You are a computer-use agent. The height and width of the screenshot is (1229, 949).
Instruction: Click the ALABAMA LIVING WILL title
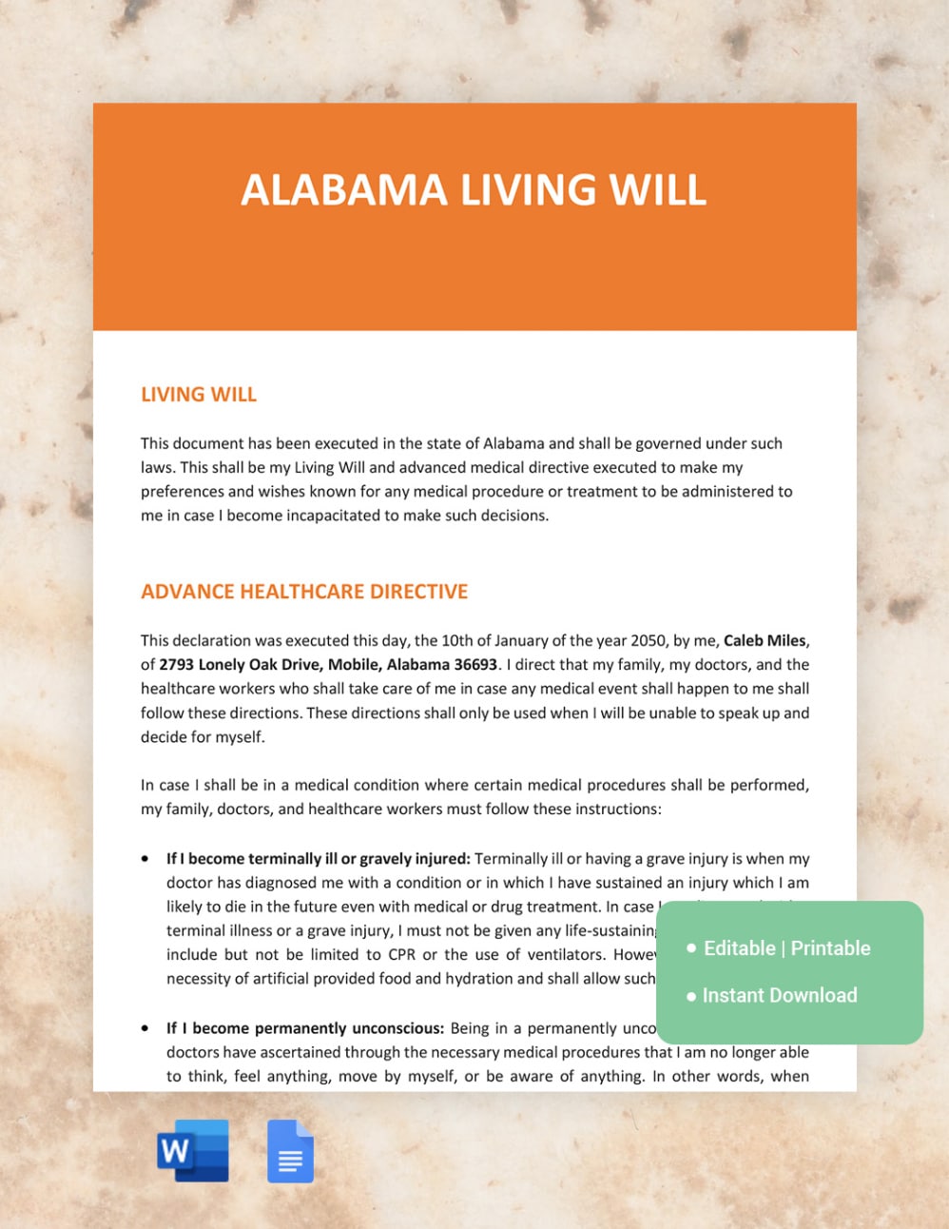click(x=474, y=190)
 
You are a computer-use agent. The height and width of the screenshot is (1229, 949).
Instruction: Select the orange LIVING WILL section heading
click(x=199, y=395)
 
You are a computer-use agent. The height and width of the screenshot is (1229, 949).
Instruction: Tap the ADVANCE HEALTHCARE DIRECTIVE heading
click(x=304, y=592)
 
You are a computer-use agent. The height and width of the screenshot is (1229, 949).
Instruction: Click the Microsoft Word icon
click(x=193, y=1151)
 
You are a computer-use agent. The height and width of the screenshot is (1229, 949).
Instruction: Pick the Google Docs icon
click(x=290, y=1151)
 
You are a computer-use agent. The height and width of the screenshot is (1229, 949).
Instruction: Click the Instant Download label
click(x=780, y=996)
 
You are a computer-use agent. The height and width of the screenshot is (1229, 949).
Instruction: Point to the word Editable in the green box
click(x=739, y=948)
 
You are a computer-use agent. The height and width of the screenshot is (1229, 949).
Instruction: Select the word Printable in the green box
click(x=830, y=948)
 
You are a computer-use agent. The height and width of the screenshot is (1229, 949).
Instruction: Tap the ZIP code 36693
click(x=474, y=665)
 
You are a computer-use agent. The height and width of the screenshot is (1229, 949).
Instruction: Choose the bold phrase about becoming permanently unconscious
click(x=305, y=1028)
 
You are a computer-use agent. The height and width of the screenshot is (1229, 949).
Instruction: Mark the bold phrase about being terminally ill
click(x=318, y=859)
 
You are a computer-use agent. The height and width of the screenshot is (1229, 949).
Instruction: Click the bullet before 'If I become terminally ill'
click(x=145, y=859)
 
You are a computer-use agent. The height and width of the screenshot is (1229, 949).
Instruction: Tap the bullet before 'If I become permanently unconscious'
click(x=145, y=1028)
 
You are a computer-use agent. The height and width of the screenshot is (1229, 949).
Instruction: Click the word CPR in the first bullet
click(x=401, y=955)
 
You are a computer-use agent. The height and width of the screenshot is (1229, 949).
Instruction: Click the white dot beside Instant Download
click(x=691, y=997)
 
